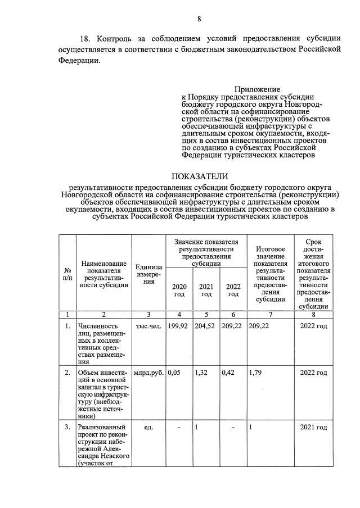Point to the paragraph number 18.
click(x=85, y=39)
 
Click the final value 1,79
click(x=256, y=373)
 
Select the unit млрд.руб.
click(x=148, y=373)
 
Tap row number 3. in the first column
click(x=67, y=428)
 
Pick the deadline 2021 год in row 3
click(x=314, y=428)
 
